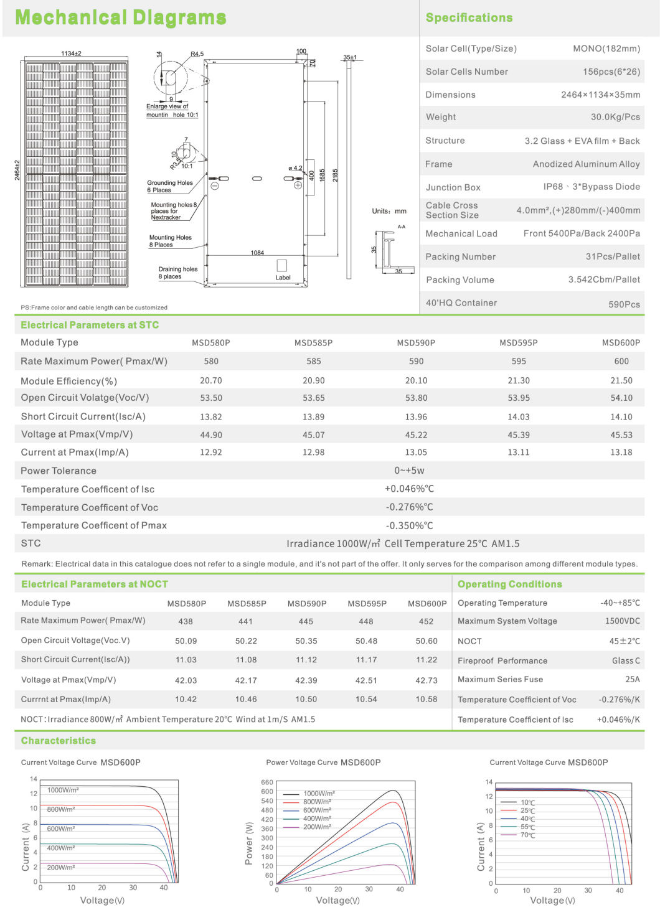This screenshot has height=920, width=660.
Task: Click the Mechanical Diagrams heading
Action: [120, 17]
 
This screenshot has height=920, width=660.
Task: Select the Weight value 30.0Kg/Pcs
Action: [615, 117]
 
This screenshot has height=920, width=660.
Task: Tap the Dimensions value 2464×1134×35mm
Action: [600, 95]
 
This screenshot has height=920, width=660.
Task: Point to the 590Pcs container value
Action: [624, 304]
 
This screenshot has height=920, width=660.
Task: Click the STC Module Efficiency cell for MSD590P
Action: [416, 380]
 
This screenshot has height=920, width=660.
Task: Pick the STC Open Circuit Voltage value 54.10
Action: [621, 398]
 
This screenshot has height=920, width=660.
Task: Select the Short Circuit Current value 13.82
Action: [210, 417]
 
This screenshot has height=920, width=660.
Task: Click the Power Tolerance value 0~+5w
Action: [409, 471]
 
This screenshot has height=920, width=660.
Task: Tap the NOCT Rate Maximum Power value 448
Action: [365, 621]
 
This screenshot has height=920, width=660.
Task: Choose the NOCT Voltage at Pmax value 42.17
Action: [245, 680]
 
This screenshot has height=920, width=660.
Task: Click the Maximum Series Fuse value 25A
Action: [632, 679]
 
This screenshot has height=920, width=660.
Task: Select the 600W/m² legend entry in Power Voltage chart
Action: [317, 810]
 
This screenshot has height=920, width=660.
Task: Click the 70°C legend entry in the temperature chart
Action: [527, 835]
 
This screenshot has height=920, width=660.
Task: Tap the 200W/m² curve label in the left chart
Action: [61, 867]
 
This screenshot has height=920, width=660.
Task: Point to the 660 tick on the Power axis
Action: [266, 782]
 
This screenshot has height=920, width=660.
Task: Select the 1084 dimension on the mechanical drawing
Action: [257, 253]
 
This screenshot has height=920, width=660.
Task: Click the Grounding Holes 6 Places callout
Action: [169, 186]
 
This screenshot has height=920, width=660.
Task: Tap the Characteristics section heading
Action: [59, 741]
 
